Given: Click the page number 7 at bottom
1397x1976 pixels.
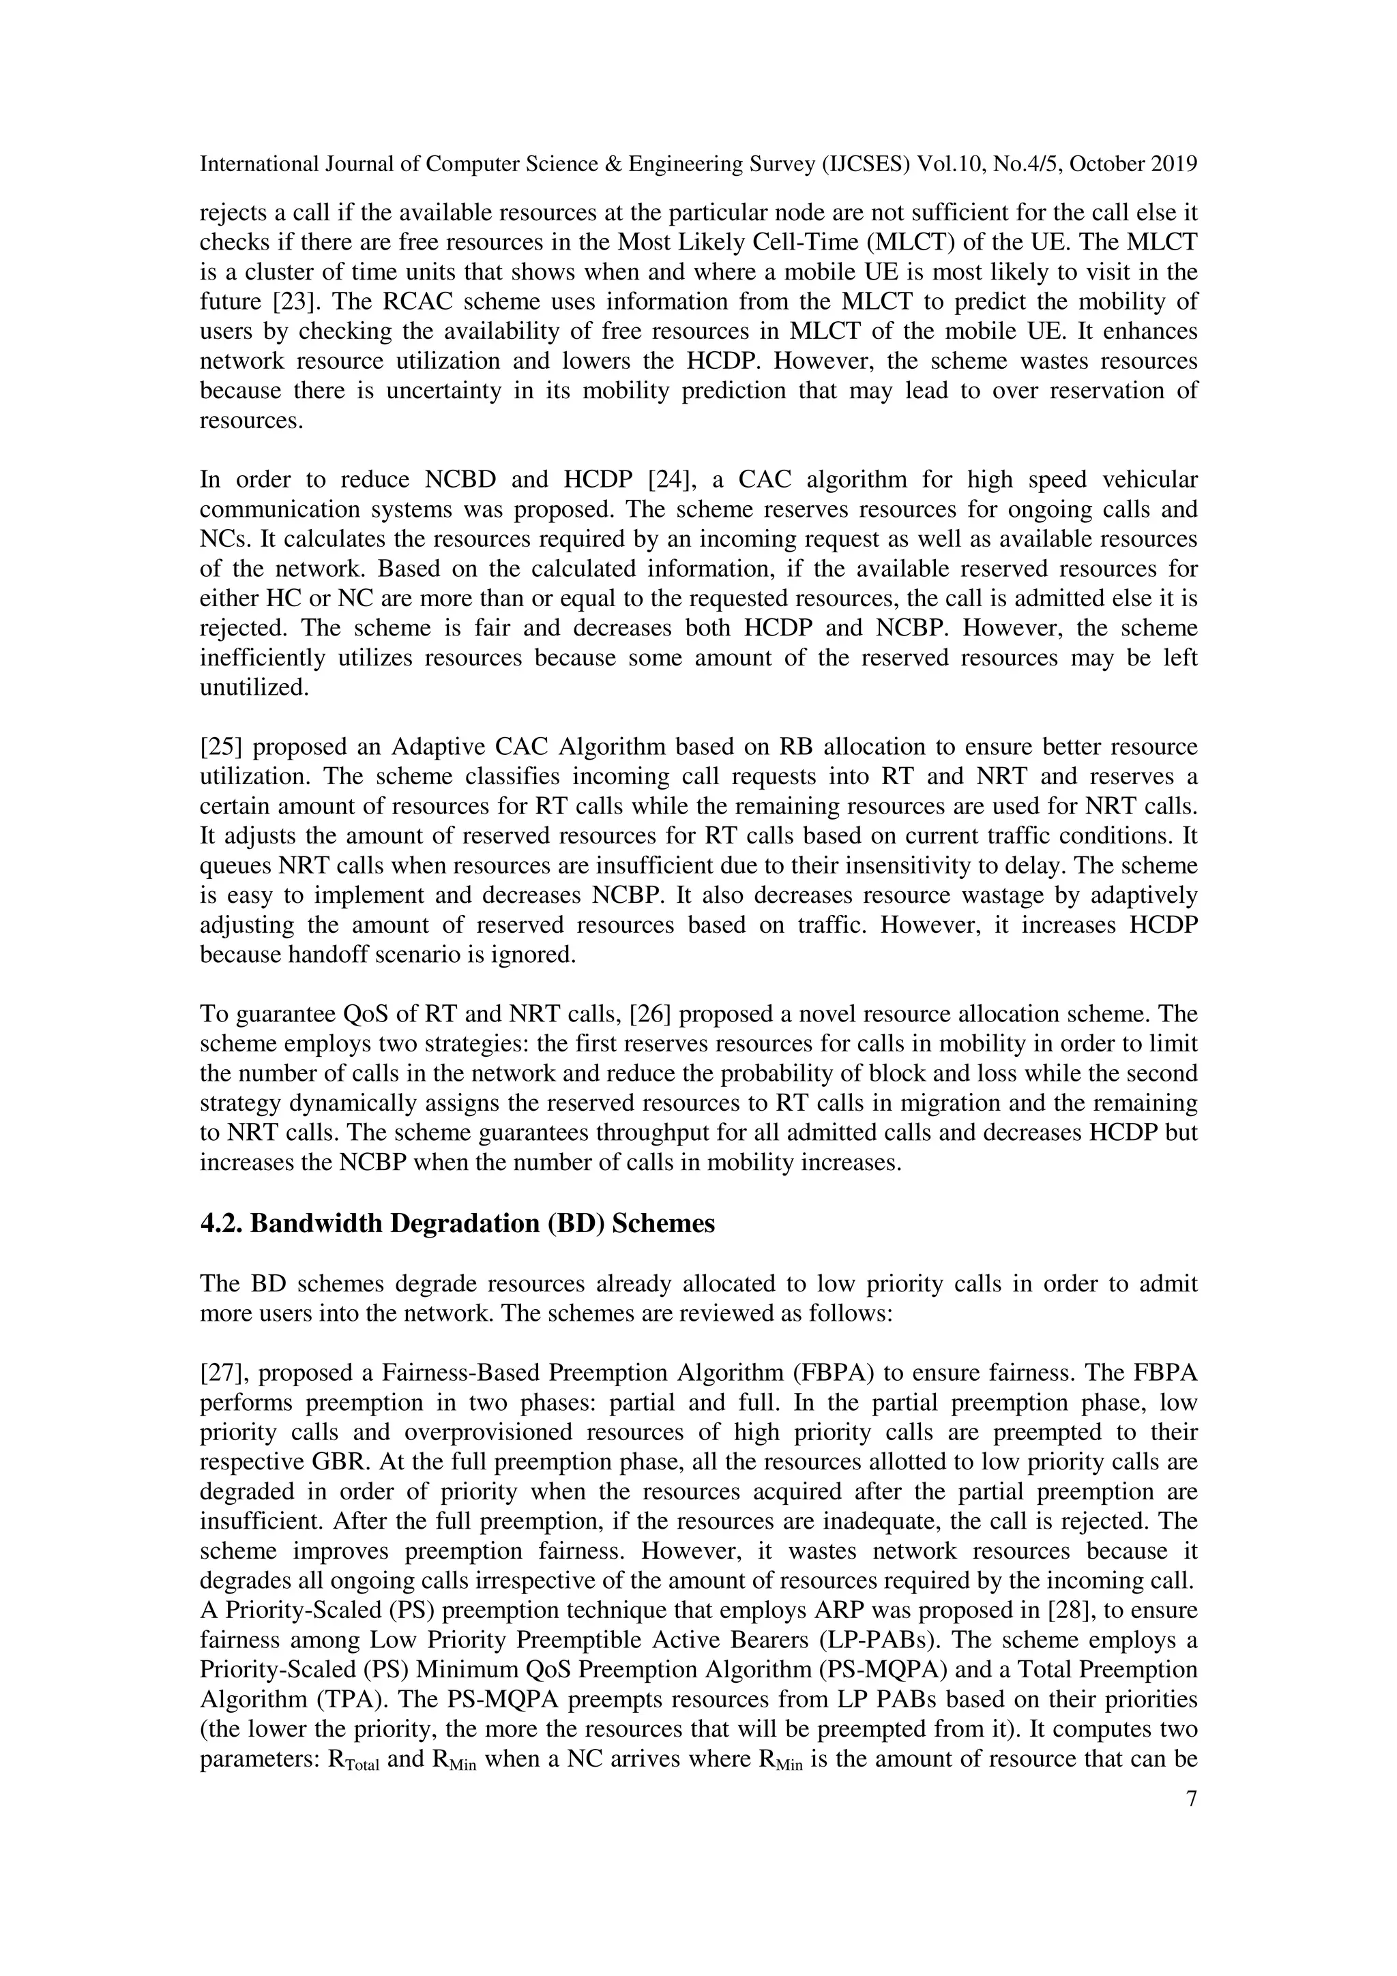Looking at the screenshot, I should pos(1191,1799).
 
